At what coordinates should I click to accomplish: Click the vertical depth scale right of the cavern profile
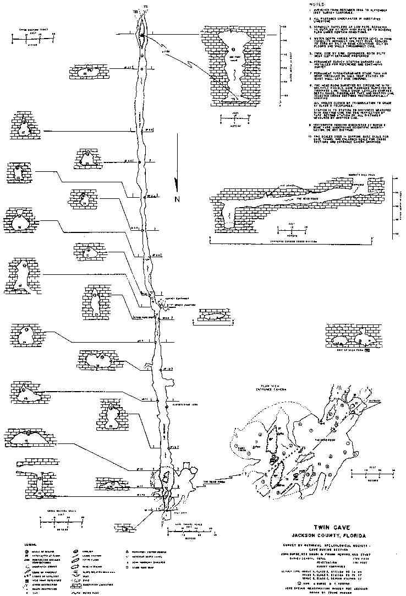pyautogui.click(x=396, y=207)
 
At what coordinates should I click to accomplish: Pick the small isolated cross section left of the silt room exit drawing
pyautogui.click(x=215, y=318)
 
